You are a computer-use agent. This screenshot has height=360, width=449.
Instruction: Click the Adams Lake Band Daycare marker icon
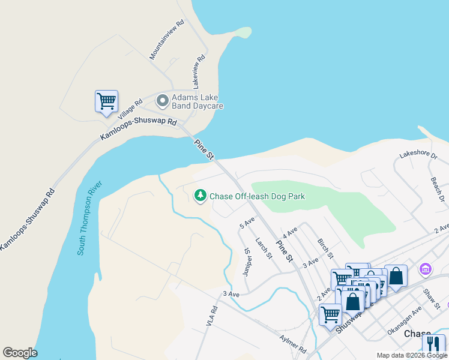(162, 100)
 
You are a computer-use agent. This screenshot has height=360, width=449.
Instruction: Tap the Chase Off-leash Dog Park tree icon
(200, 196)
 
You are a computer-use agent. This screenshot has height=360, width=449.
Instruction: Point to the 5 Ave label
(247, 223)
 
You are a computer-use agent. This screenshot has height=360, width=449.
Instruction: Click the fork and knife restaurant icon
(433, 344)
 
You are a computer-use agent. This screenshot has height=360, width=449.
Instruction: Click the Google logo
(20, 353)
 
